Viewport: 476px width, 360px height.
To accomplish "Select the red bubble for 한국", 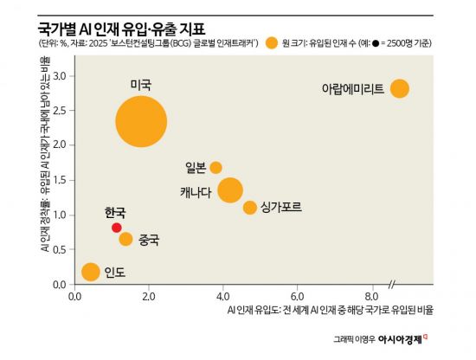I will pos(117,228).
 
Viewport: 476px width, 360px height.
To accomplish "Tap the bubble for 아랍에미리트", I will pos(399,88).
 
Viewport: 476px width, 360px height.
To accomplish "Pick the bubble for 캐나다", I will pos(229,190).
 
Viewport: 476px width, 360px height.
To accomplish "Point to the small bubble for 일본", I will pos(215,167).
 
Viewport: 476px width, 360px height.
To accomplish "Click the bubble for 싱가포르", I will pos(250,208).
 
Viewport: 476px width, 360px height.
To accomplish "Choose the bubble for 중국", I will pos(125,239).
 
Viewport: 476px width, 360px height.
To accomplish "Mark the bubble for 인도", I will pos(90,272).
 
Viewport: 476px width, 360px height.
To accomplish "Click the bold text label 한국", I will pos(114,213).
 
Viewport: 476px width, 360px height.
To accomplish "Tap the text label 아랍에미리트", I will pos(352,89).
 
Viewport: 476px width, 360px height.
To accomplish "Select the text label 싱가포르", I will pos(281,208).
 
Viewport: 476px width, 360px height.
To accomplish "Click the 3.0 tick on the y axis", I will pos(60,76).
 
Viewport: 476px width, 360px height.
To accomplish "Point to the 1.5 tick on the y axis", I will pos(60,180).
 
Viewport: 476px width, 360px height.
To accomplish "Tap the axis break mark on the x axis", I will pos(393,285).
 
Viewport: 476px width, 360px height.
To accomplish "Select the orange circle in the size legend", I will pos(273,42).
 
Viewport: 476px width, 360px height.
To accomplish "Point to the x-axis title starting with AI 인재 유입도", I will pos(330,308).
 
